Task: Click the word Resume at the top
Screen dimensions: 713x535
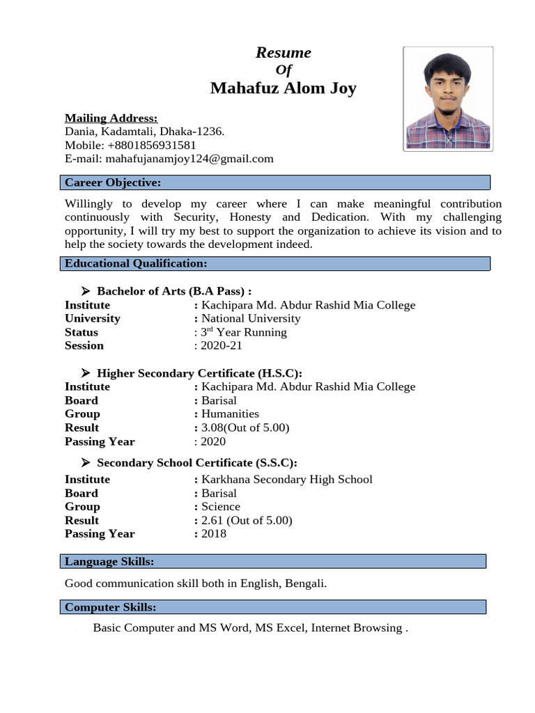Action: coord(283,53)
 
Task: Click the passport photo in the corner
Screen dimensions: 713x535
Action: coord(448,98)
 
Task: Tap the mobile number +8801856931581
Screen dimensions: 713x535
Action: coord(151,145)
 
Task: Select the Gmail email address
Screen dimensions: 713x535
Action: coord(188,159)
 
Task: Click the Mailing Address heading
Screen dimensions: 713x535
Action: coord(111,118)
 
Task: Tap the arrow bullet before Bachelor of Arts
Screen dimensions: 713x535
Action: coord(86,291)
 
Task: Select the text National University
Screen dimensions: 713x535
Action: coord(251,318)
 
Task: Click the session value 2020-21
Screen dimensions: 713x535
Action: coord(222,345)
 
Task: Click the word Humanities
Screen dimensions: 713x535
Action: coord(230,414)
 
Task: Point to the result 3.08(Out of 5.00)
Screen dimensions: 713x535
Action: coord(245,428)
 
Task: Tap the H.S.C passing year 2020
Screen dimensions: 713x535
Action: coord(213,441)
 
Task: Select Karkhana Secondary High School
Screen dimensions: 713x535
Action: coord(286,479)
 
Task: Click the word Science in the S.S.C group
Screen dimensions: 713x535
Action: coord(221,506)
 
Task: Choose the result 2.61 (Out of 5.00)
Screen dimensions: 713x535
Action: coord(247,520)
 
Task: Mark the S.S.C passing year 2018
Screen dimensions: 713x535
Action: coord(214,533)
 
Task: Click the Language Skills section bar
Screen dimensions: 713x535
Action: coord(272,562)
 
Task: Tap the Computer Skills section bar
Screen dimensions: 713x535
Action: coord(272,607)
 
